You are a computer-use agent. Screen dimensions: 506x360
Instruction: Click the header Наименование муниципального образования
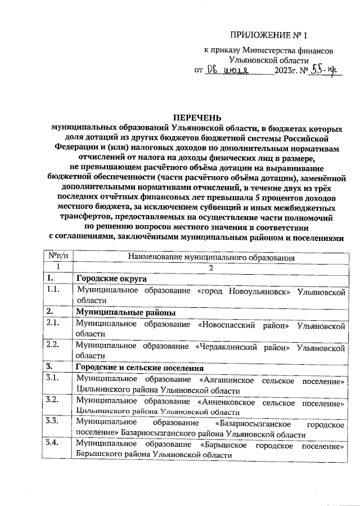(x=211, y=257)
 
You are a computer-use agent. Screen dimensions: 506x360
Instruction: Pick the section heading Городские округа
(x=111, y=279)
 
